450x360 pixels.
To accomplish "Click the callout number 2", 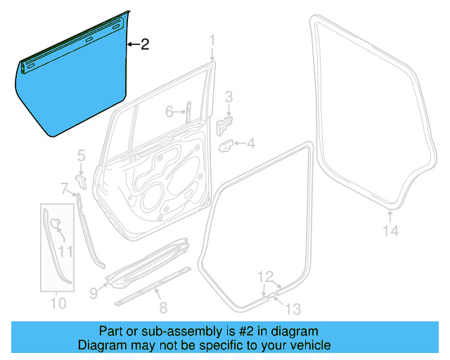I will coord(144,45).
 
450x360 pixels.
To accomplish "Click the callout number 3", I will coord(229,96).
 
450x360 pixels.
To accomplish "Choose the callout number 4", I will coord(251,144).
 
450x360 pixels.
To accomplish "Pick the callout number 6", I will coord(169,112).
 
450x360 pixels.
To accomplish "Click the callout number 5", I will coord(81,155).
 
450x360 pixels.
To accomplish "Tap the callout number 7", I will coord(65,188).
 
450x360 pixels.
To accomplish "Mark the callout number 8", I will coord(163,307).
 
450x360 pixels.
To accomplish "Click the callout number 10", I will coord(58,304).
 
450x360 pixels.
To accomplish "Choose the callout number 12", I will coord(264,276).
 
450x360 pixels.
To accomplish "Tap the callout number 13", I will coord(292,308).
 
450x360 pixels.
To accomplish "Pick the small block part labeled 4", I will coord(226,146).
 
